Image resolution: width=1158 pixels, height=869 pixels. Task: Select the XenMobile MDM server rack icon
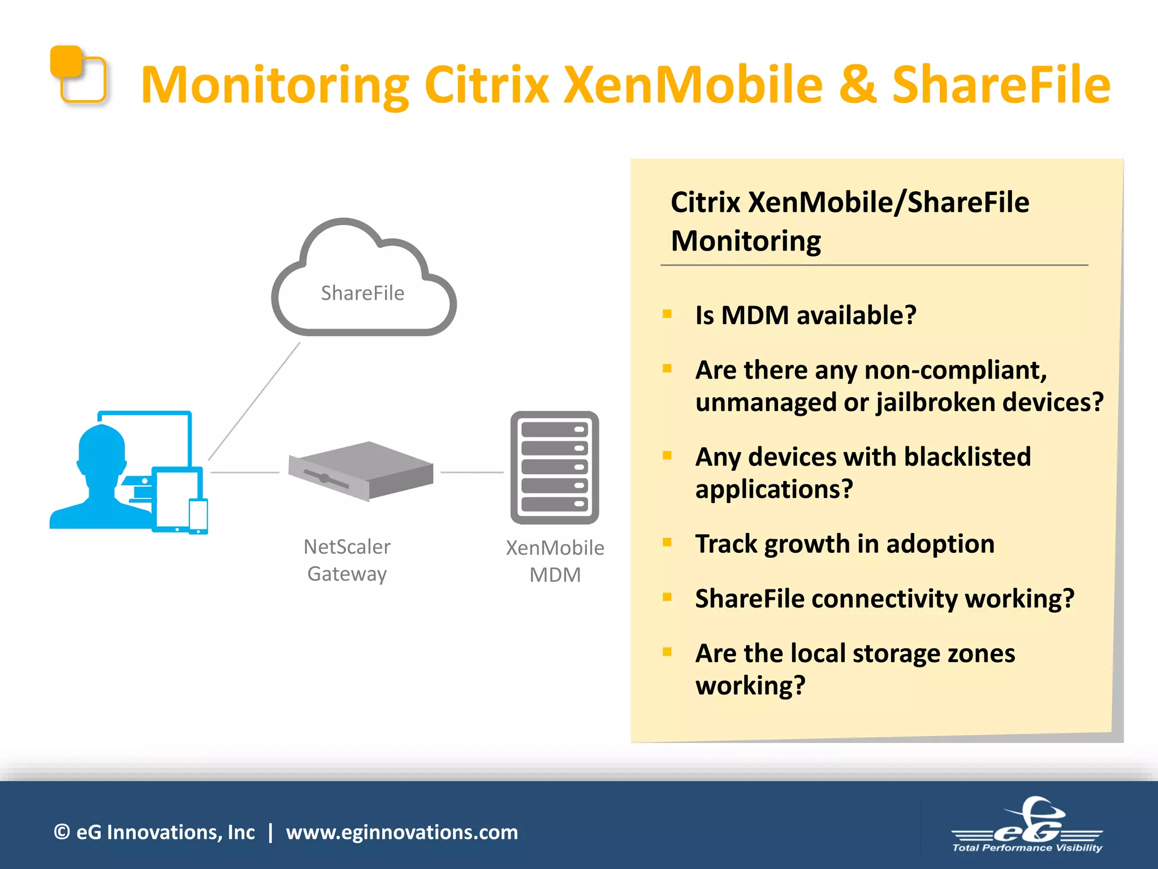pyautogui.click(x=555, y=467)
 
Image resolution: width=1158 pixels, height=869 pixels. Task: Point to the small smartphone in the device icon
pyautogui.click(x=198, y=515)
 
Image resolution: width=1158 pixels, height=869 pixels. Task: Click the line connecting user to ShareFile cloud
pyautogui.click(x=254, y=401)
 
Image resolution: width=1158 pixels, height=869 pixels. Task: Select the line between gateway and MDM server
pyautogui.click(x=472, y=472)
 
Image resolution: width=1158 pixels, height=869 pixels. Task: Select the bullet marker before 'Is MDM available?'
pyautogui.click(x=667, y=314)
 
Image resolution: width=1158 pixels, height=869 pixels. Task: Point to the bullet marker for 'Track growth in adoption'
pyautogui.click(x=667, y=543)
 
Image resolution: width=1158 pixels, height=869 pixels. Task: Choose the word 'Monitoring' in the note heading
pyautogui.click(x=746, y=241)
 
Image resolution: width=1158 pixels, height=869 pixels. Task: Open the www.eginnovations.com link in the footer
pyautogui.click(x=401, y=832)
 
